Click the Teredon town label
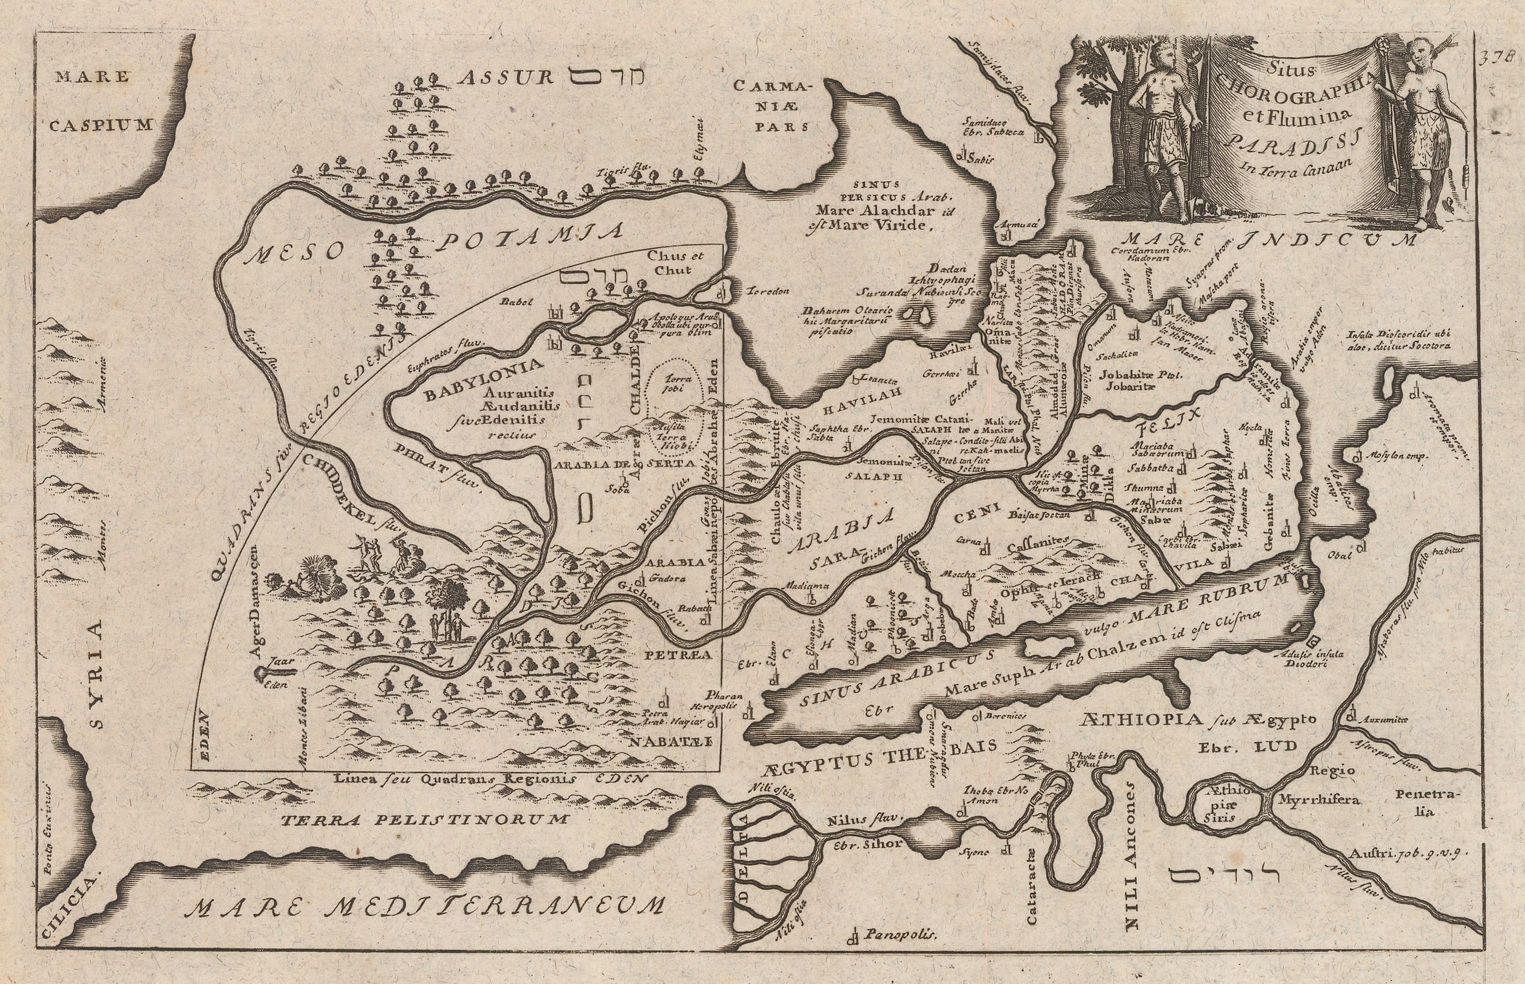point(767,291)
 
